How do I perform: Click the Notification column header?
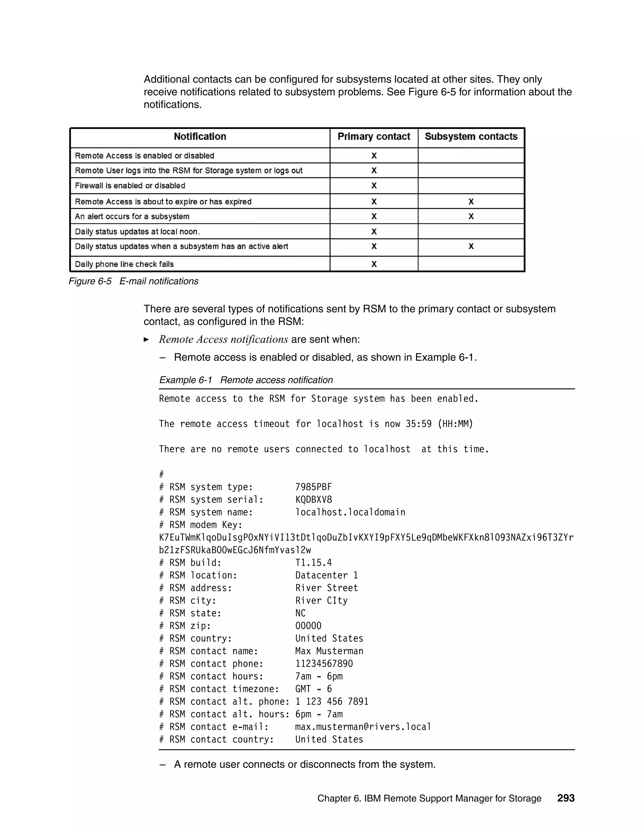tap(200, 136)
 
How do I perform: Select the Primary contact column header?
tap(374, 136)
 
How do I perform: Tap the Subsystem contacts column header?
tap(471, 136)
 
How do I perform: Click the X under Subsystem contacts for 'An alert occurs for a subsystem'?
tap(471, 216)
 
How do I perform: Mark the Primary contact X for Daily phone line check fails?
tap(374, 264)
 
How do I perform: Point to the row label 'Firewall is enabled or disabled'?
tap(130, 186)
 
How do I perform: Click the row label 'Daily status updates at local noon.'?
tap(137, 232)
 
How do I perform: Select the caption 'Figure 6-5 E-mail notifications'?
tap(133, 281)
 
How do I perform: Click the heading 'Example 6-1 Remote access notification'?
tap(246, 380)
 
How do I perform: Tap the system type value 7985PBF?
tap(314, 487)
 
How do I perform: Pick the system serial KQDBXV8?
tap(314, 500)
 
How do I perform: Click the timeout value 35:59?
tap(418, 424)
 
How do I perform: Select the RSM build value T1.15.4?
tap(314, 563)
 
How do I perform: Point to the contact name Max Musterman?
tap(329, 651)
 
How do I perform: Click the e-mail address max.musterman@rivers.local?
tap(363, 726)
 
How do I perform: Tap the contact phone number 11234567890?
tap(324, 664)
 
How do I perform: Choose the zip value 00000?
tap(308, 626)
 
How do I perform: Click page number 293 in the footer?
tap(566, 798)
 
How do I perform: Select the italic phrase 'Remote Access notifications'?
tap(223, 339)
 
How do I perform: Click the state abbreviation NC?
tap(300, 613)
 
